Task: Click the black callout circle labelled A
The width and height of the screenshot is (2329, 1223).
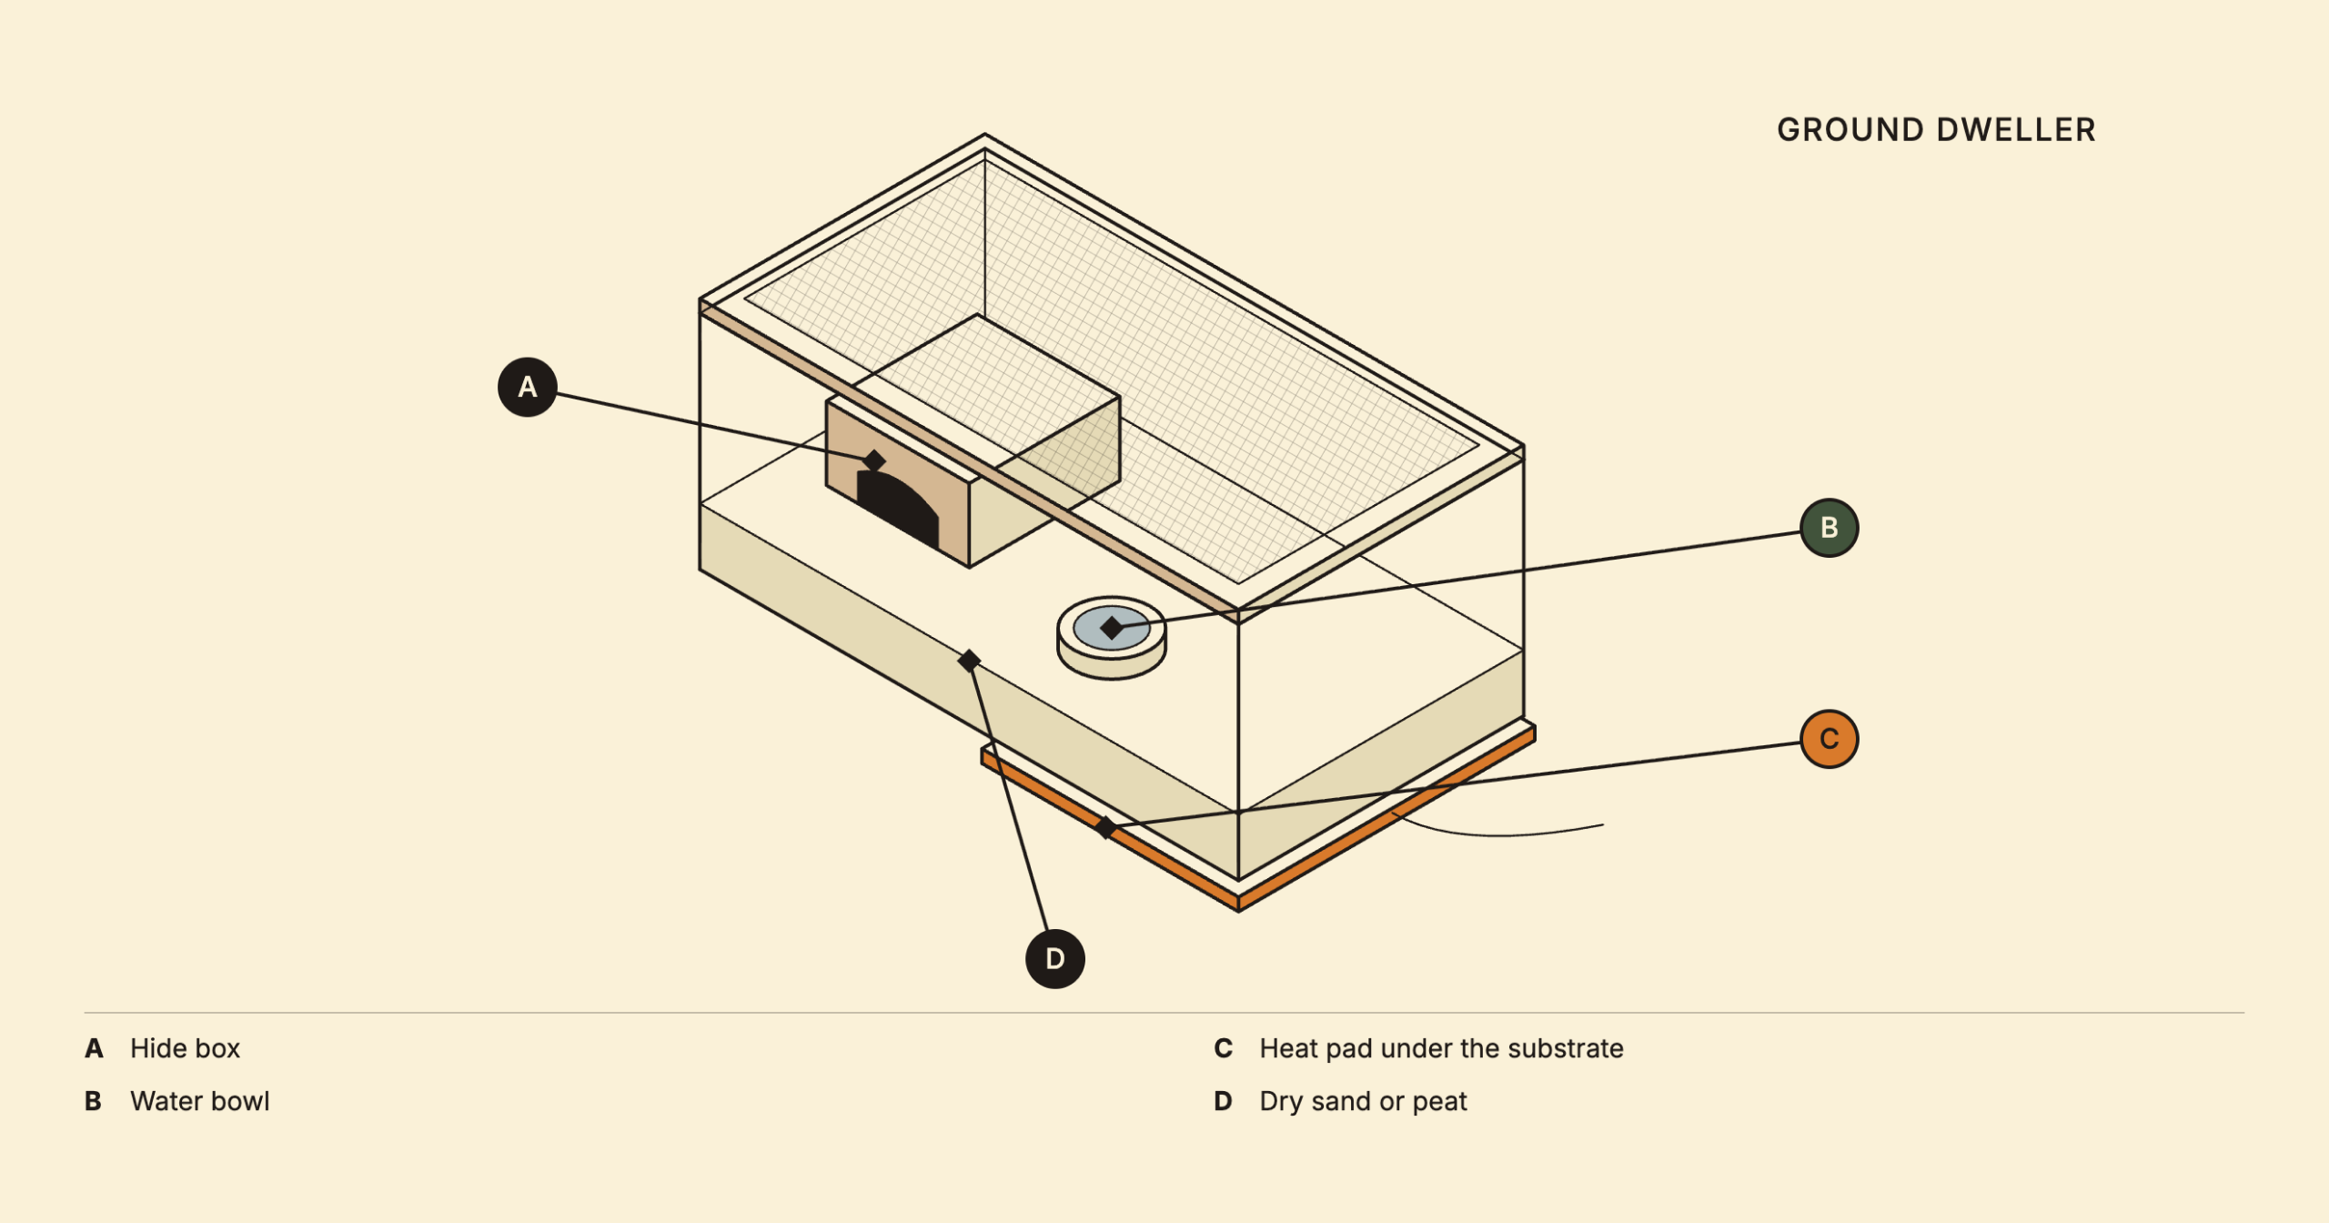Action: [x=528, y=388]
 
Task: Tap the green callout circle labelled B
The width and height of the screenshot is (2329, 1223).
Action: [x=1830, y=528]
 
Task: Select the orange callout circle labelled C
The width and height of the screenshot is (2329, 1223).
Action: [x=1830, y=739]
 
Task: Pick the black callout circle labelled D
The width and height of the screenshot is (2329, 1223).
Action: [x=1055, y=959]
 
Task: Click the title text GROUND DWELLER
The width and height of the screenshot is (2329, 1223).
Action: [x=1936, y=130]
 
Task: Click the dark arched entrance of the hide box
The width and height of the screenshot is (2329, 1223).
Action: [x=899, y=510]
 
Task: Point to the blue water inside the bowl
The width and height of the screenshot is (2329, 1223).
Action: [x=1112, y=628]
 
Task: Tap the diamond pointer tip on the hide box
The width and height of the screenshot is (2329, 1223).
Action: [x=874, y=460]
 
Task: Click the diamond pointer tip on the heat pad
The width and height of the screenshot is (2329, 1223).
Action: [x=1105, y=827]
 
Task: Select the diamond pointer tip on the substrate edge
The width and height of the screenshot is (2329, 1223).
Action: [x=970, y=661]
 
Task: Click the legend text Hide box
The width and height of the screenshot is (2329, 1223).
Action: [x=185, y=1048]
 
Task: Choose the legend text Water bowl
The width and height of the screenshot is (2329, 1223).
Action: [x=200, y=1101]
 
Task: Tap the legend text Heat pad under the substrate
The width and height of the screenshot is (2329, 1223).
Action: [x=1441, y=1048]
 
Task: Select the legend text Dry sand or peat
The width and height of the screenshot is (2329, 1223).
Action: [x=1363, y=1101]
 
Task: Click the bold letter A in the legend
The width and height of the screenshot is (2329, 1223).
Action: [x=94, y=1048]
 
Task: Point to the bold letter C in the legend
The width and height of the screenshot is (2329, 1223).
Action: [x=1224, y=1048]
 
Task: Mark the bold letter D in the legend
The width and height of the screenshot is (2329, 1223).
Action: [x=1224, y=1101]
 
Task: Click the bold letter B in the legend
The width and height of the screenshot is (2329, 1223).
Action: [x=93, y=1101]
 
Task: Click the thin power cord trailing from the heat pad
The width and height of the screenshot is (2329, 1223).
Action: [x=1501, y=834]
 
